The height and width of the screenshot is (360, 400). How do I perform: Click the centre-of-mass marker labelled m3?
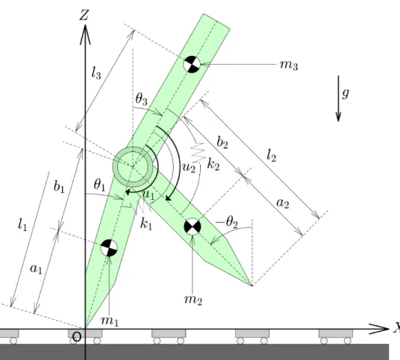click(192, 64)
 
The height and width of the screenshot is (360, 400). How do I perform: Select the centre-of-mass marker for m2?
click(193, 227)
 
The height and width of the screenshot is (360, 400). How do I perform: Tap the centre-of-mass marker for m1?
click(109, 247)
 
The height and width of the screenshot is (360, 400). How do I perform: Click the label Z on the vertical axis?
click(84, 15)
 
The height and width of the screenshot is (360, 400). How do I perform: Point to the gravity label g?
click(346, 93)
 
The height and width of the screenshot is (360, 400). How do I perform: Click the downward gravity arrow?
click(339, 98)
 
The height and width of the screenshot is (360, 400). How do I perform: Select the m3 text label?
click(289, 66)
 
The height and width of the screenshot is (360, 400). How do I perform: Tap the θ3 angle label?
click(142, 99)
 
